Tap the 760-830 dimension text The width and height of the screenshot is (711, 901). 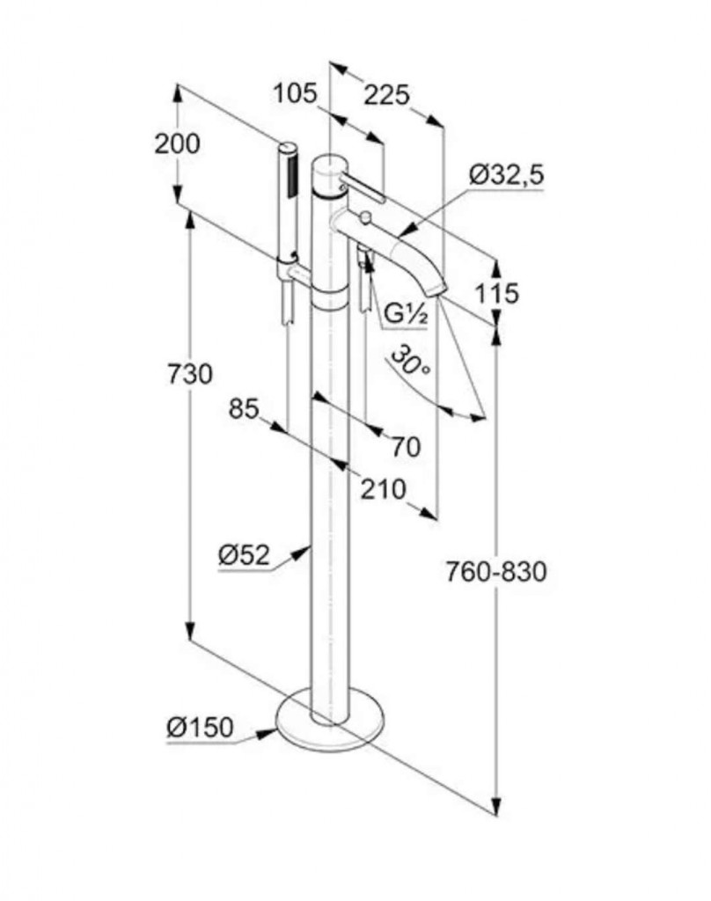[495, 572]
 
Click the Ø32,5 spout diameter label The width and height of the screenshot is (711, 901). [506, 174]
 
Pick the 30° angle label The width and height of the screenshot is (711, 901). [411, 362]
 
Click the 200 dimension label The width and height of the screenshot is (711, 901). [177, 143]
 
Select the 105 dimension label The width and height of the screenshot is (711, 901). [295, 92]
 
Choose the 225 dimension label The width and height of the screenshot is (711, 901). [387, 93]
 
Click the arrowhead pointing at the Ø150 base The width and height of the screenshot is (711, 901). [267, 731]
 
